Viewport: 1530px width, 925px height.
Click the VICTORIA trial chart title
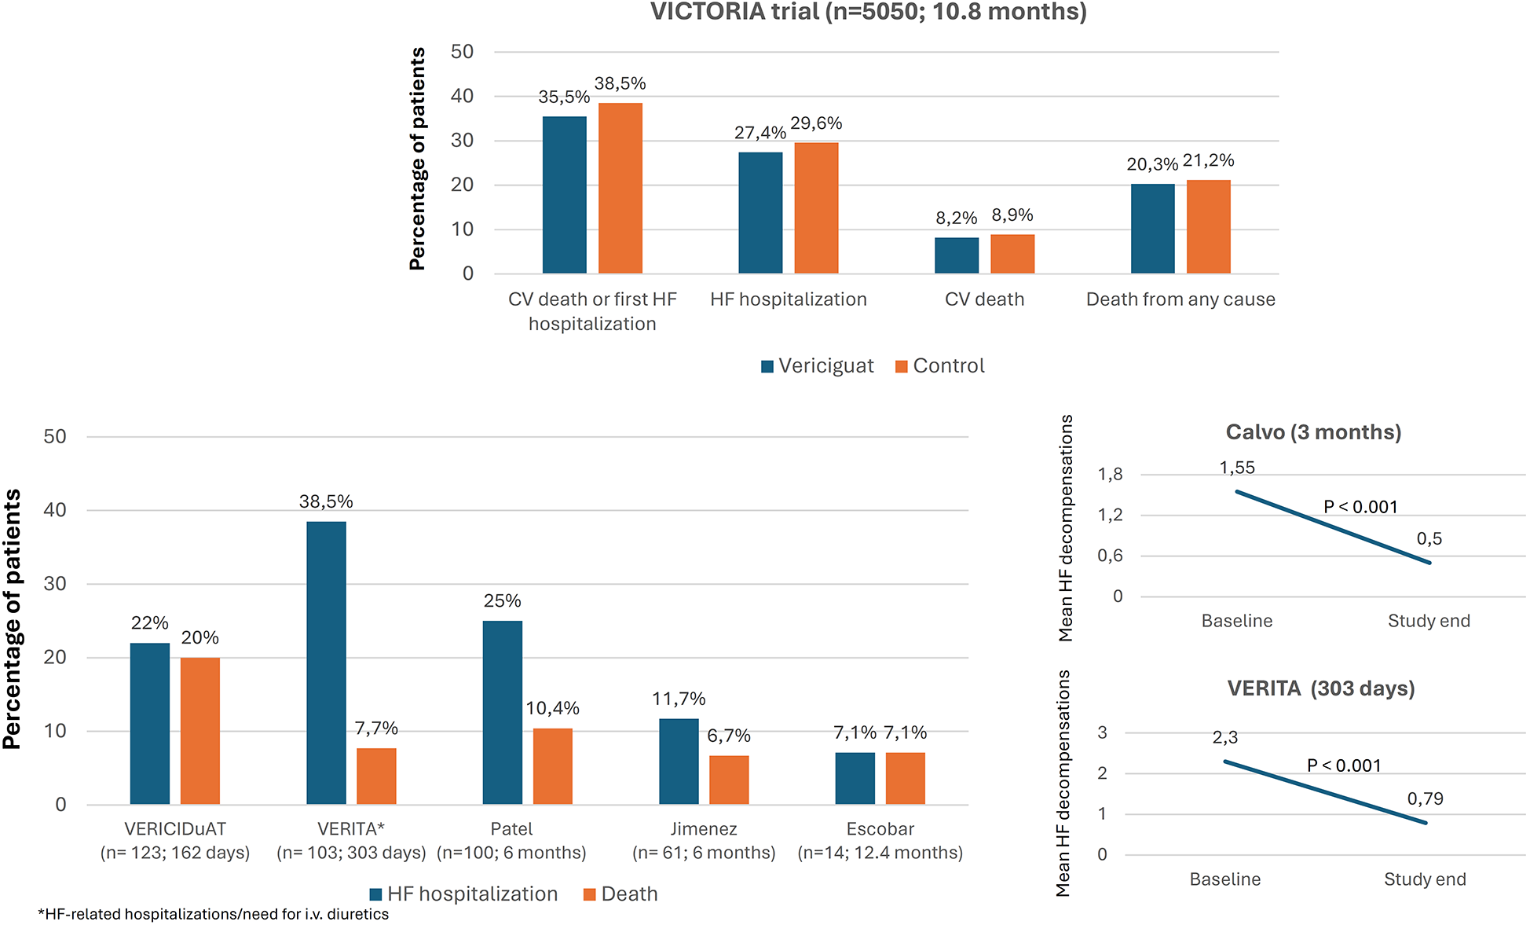pos(868,12)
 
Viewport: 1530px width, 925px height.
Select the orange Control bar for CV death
pos(1012,254)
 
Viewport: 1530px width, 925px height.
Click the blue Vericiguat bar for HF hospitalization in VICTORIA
pos(760,213)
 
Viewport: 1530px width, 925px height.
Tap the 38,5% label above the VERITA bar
pos(326,501)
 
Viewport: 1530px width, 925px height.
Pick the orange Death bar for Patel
pos(552,766)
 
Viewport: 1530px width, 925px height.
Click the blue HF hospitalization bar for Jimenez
pos(679,762)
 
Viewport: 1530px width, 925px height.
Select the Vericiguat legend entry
pos(818,366)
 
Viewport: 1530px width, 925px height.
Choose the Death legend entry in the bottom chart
pos(620,894)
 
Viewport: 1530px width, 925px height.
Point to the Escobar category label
pos(880,829)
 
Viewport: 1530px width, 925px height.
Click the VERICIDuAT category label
pos(175,829)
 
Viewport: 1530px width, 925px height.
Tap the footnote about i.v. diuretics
pos(214,914)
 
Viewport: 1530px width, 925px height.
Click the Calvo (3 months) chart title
pos(1313,432)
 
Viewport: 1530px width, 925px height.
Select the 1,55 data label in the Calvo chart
pos(1237,468)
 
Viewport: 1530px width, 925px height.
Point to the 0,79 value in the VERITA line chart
pos(1425,799)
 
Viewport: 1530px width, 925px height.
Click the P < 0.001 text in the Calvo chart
pos(1360,507)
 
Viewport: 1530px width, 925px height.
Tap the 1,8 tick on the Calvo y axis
pos(1110,474)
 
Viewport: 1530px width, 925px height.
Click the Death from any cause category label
pos(1180,299)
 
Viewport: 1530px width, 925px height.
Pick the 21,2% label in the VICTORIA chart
pos(1208,161)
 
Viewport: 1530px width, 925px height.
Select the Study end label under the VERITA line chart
pos(1425,879)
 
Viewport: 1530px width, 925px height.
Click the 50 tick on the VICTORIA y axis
pos(463,52)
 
